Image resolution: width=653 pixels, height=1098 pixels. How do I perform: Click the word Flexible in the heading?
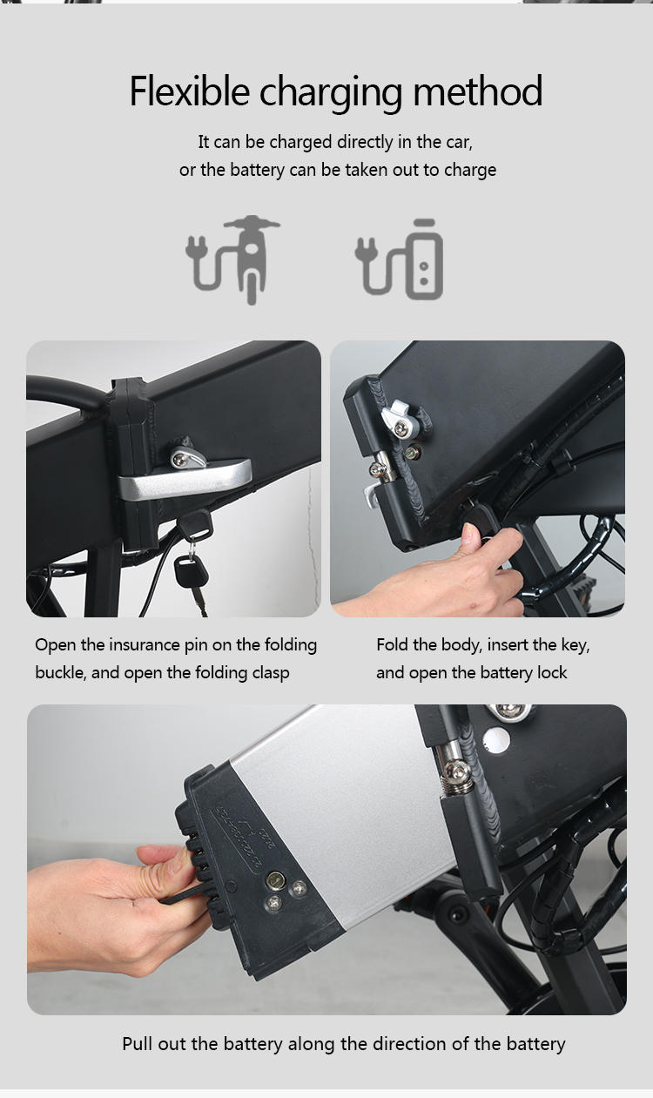pyautogui.click(x=189, y=91)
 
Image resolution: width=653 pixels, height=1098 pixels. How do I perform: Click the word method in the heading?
pyautogui.click(x=478, y=91)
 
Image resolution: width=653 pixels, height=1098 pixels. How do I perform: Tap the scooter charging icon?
pyautogui.click(x=232, y=259)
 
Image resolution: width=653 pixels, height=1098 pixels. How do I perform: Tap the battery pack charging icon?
pyautogui.click(x=399, y=259)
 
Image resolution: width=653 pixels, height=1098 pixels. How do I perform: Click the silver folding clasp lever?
pyautogui.click(x=185, y=480)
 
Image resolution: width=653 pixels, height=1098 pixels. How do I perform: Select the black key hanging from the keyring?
pyautogui.click(x=192, y=571)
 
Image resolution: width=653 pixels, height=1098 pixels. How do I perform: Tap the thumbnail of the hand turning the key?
pyautogui.click(x=477, y=479)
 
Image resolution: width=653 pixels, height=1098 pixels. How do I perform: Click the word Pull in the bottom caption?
pyautogui.click(x=138, y=1044)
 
